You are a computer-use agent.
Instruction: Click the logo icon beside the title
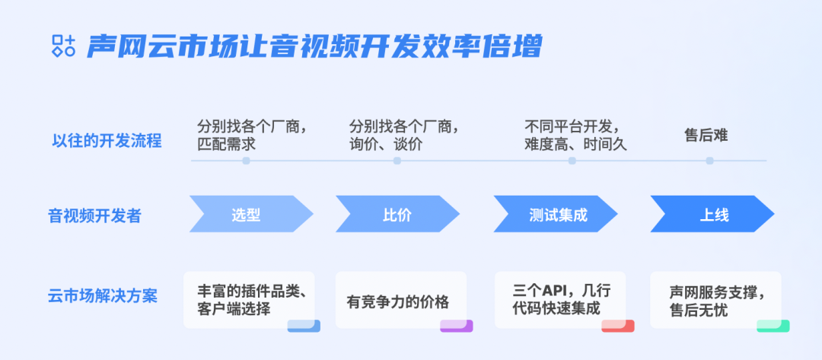click(64, 46)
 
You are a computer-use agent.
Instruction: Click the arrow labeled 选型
click(251, 214)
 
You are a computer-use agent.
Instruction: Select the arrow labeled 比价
click(397, 214)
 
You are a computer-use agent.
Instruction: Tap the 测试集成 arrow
click(556, 214)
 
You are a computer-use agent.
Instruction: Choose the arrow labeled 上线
click(712, 214)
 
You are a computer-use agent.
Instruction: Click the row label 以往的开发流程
click(107, 141)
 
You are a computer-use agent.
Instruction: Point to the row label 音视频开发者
click(95, 215)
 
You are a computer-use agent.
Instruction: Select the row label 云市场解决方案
click(103, 296)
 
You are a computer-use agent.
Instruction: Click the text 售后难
click(706, 135)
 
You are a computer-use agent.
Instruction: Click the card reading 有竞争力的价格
click(401, 301)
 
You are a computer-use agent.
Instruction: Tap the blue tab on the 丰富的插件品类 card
click(304, 326)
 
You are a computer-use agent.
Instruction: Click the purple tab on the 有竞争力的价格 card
click(456, 326)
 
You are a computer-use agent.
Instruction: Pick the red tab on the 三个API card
click(617, 326)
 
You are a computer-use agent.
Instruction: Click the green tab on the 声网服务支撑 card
click(773, 326)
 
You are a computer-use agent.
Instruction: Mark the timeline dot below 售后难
click(710, 161)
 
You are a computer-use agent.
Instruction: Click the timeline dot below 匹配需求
click(246, 161)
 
